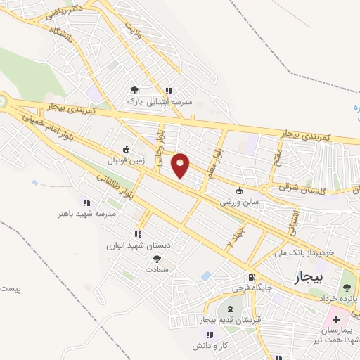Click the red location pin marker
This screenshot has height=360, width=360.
pos(181,165)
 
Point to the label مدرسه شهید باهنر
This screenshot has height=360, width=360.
pos(67,213)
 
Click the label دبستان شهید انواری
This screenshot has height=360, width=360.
pos(139,245)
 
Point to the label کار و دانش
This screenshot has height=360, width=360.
pos(209,347)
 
